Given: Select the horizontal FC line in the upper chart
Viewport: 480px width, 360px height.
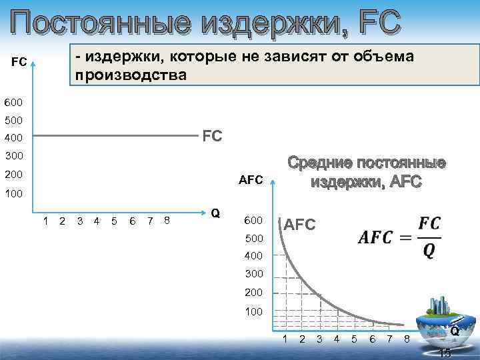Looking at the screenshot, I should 113,136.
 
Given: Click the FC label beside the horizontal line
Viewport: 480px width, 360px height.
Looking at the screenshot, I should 212,137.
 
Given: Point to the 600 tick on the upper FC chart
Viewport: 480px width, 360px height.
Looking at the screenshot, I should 13,103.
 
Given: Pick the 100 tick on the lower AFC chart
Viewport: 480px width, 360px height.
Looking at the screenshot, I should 255,311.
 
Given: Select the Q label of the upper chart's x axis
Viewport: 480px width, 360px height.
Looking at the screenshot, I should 215,213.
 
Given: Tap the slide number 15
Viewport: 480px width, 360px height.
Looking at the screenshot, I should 445,353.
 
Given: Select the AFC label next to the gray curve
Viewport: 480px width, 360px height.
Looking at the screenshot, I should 300,225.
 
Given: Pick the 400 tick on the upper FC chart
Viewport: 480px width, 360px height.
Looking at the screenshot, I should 13,139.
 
